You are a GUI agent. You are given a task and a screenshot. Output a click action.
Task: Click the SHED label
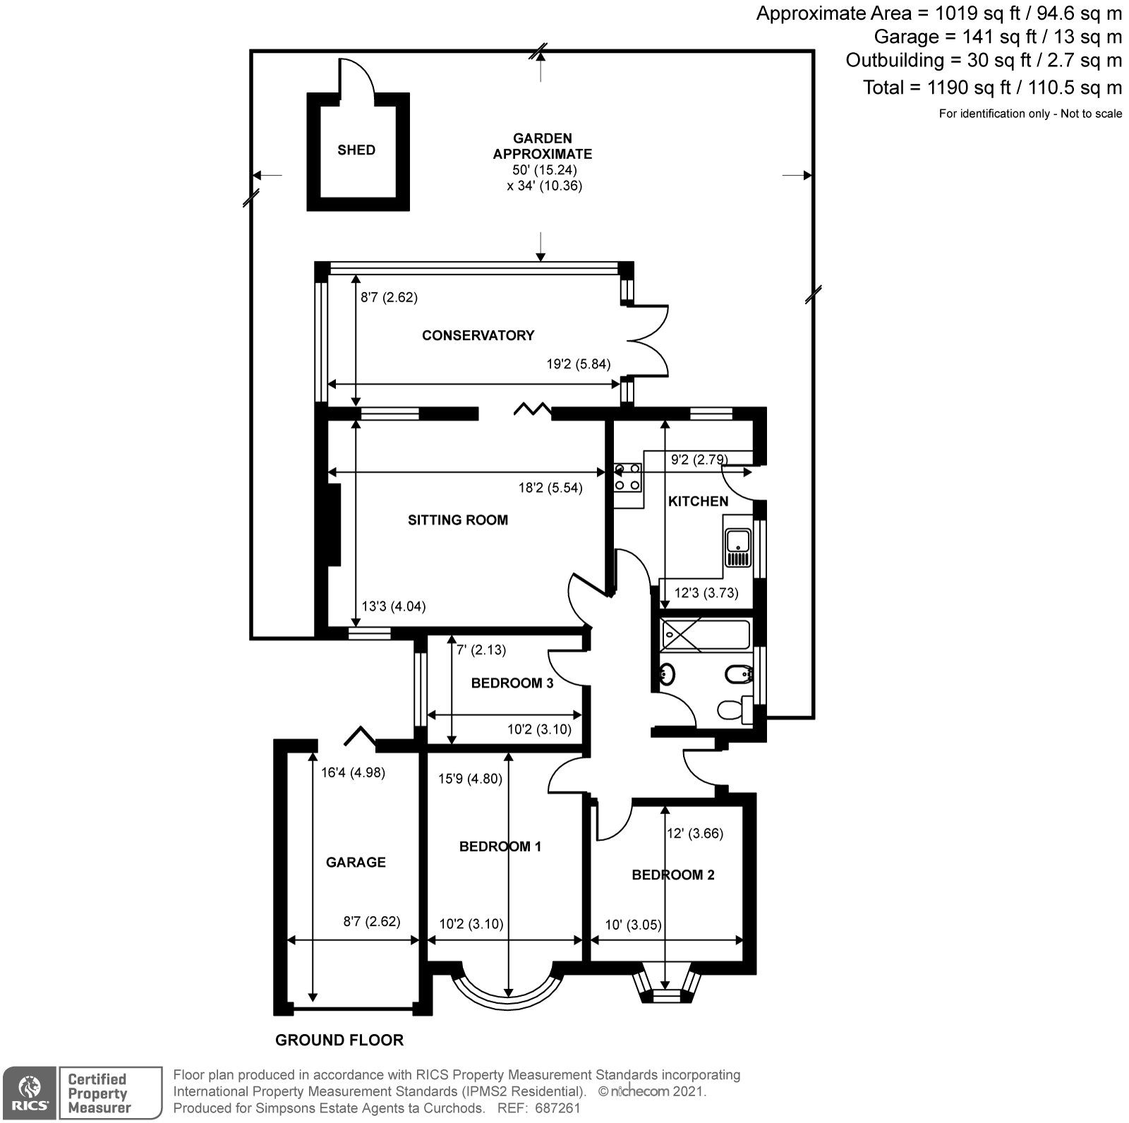coord(356,150)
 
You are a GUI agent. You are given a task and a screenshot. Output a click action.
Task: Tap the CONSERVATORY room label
coord(478,335)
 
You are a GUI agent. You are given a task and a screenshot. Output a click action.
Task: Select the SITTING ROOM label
coord(457,520)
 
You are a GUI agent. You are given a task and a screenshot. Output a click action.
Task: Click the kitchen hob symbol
coord(627,477)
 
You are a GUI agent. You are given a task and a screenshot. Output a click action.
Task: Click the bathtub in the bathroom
coord(704,634)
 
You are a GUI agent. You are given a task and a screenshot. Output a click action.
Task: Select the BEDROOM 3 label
coord(512,683)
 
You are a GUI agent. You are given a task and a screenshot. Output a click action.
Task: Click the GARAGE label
coord(356,862)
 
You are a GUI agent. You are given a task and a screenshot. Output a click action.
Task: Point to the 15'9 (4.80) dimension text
coord(470,779)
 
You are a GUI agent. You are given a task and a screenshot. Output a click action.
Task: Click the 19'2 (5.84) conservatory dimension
coord(579,364)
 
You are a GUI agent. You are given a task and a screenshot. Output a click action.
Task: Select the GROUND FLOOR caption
coord(339,1040)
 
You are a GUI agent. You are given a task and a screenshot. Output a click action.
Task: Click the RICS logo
coord(29,1092)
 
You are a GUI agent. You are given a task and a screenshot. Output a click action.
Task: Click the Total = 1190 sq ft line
coord(991,87)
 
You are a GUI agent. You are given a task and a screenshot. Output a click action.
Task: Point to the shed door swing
coord(356,78)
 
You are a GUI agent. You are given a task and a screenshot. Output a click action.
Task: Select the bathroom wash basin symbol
coord(666,674)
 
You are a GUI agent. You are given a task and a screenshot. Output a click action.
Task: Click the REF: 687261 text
coord(539,1108)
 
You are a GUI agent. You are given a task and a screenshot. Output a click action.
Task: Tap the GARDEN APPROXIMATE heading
coord(542,146)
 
